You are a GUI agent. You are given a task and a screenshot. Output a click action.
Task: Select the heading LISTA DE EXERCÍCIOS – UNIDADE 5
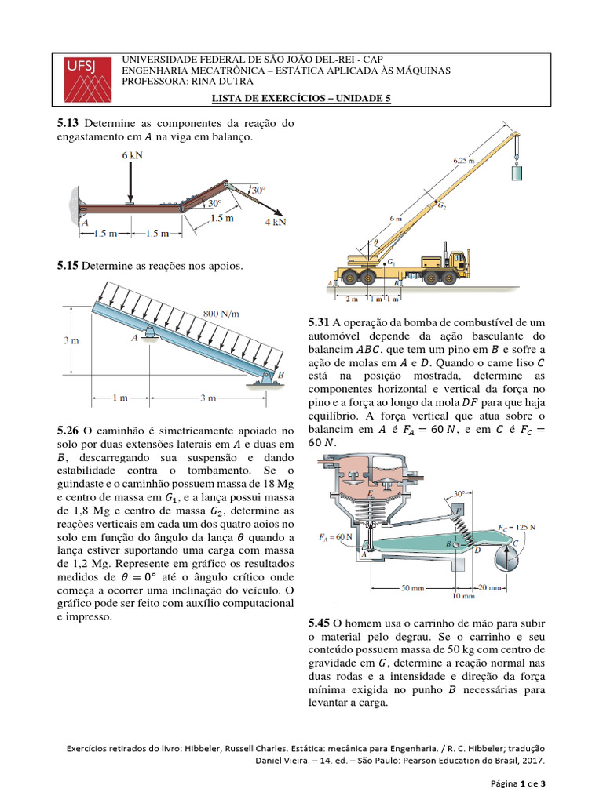click(301, 98)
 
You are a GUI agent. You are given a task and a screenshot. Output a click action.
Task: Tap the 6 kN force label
click(132, 155)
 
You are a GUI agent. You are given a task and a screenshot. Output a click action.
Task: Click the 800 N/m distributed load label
click(221, 314)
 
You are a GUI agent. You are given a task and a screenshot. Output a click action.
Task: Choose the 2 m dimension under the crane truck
click(351, 299)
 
